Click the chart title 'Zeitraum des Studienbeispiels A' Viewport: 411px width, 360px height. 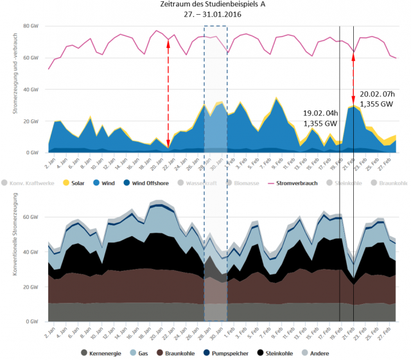pos(205,5)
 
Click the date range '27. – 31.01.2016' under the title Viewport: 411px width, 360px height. pos(205,15)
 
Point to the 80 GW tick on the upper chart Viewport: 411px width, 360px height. pos(31,26)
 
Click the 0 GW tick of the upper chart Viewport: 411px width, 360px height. pos(32,153)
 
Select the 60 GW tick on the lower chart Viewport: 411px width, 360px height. pos(31,218)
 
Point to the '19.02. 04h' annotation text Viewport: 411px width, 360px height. pos(320,112)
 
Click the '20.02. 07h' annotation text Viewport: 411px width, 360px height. pos(376,93)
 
